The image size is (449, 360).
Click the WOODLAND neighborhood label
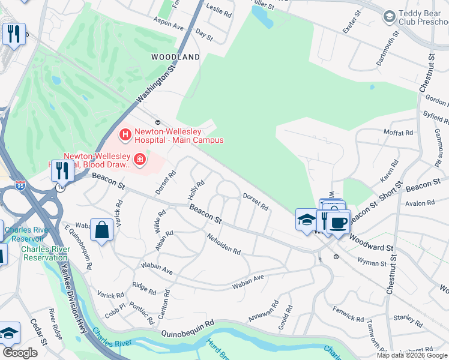tap(176, 57)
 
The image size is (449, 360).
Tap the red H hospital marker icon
tap(125, 135)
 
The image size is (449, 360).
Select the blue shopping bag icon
tap(102, 230)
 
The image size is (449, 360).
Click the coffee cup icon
tap(339, 223)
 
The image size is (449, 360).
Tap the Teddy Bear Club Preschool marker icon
tap(389, 16)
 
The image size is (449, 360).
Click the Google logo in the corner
tap(20, 353)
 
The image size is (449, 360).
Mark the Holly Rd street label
tap(196, 189)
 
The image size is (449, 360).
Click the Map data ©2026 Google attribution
tap(412, 355)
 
